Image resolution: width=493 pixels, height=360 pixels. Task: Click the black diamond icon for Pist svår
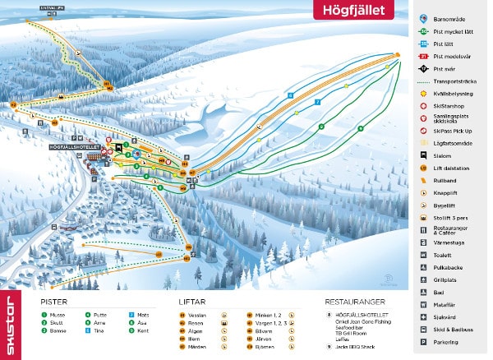click(x=422, y=69)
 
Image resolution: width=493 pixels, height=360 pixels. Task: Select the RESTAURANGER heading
click(x=354, y=302)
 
